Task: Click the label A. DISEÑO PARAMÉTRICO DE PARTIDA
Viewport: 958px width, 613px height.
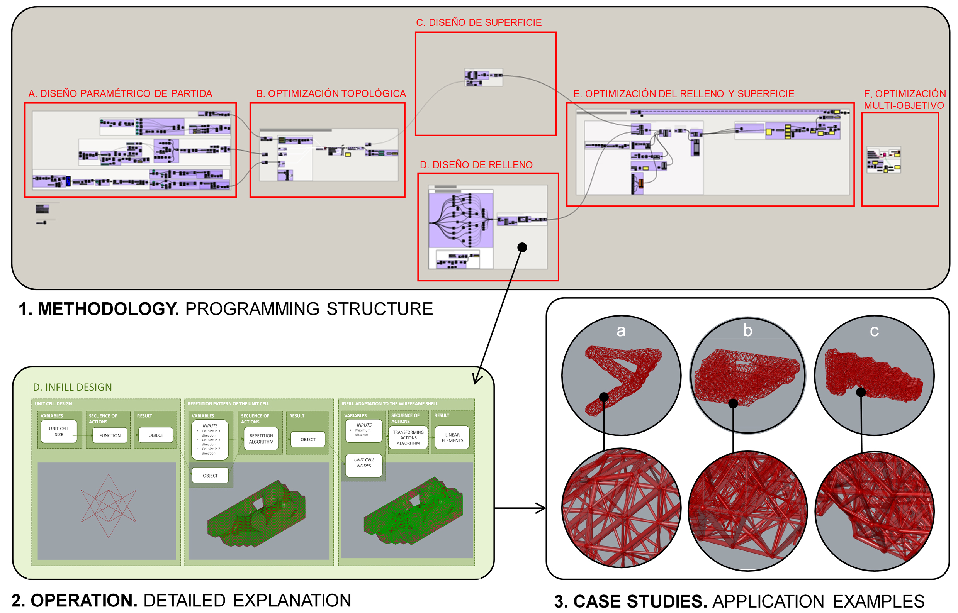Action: pos(120,93)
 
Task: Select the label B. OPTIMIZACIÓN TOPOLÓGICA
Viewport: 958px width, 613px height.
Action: pos(331,93)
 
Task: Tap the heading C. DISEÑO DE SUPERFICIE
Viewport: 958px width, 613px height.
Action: pos(478,23)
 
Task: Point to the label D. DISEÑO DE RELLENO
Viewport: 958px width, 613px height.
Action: pos(476,165)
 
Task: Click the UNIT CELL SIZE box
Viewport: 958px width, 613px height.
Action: pos(59,432)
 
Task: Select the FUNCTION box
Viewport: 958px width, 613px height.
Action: pos(110,435)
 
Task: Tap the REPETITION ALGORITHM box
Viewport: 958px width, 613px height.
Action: pos(261,439)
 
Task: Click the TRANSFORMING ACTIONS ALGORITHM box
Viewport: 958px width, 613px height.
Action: pos(408,438)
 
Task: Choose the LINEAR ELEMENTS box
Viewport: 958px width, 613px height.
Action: pos(452,438)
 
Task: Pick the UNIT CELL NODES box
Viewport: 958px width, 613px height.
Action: pos(363,463)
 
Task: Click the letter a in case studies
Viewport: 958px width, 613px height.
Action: pos(621,331)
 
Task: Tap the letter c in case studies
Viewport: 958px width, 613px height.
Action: pos(874,331)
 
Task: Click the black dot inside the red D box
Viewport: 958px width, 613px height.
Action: pos(522,247)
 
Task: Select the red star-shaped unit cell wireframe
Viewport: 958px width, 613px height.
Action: pos(108,506)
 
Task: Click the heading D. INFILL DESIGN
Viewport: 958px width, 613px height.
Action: pos(72,387)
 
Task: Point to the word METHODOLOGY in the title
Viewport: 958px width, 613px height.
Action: pos(108,309)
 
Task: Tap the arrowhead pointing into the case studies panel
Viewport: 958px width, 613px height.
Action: pos(542,508)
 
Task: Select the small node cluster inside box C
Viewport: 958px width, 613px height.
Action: pos(483,77)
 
